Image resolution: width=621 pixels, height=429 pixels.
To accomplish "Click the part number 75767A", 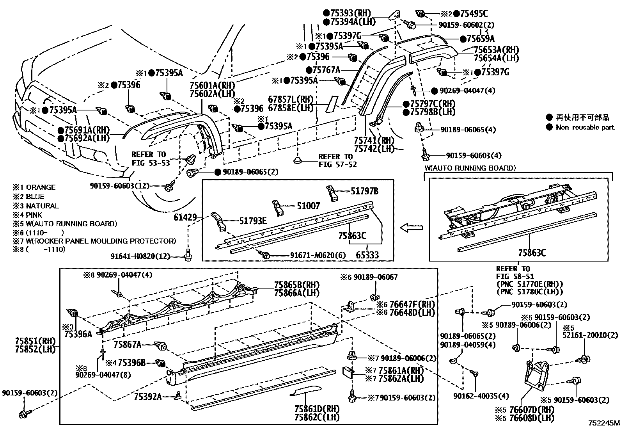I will [x=326, y=70].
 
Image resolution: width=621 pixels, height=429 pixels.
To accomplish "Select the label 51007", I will [x=308, y=206].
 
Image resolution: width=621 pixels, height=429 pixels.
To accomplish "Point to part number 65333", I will [x=367, y=255].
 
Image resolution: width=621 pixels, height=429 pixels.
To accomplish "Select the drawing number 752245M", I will [x=603, y=423].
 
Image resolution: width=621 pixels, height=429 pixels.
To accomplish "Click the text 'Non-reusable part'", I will [x=585, y=127].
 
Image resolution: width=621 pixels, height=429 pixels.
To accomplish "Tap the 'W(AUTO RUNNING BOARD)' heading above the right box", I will [x=470, y=168].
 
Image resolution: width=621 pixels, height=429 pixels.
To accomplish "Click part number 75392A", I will [x=148, y=397].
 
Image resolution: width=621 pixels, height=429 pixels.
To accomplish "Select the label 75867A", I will [x=128, y=345].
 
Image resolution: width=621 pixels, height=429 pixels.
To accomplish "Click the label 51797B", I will [x=364, y=191].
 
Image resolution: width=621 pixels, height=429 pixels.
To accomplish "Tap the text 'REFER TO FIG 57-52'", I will [x=337, y=160].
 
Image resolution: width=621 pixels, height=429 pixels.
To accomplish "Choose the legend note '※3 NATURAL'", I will [x=35, y=206].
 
